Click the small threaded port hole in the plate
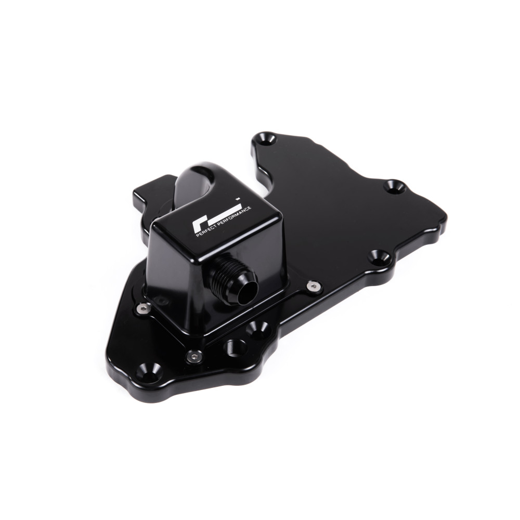tap(236, 346)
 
